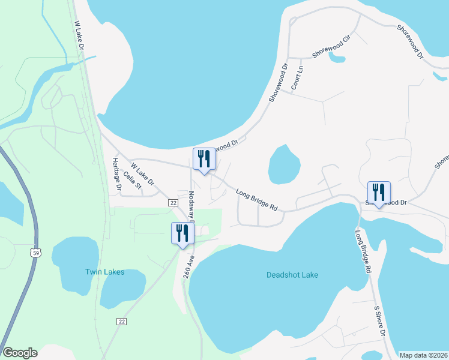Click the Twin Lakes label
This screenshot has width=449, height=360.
tap(104, 272)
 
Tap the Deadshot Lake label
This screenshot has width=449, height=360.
tap(292, 275)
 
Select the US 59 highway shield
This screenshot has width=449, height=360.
tap(36, 250)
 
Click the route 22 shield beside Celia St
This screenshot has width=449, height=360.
tap(173, 203)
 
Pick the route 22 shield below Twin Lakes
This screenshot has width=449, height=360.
tap(121, 322)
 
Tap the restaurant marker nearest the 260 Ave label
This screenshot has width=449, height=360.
tap(182, 233)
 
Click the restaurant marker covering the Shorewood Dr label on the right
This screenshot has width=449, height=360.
tap(379, 192)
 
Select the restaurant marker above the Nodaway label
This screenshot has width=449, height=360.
tap(203, 160)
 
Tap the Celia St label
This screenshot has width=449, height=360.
tap(131, 181)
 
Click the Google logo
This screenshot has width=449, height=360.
tap(20, 353)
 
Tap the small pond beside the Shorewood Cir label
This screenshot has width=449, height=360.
tap(337, 59)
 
